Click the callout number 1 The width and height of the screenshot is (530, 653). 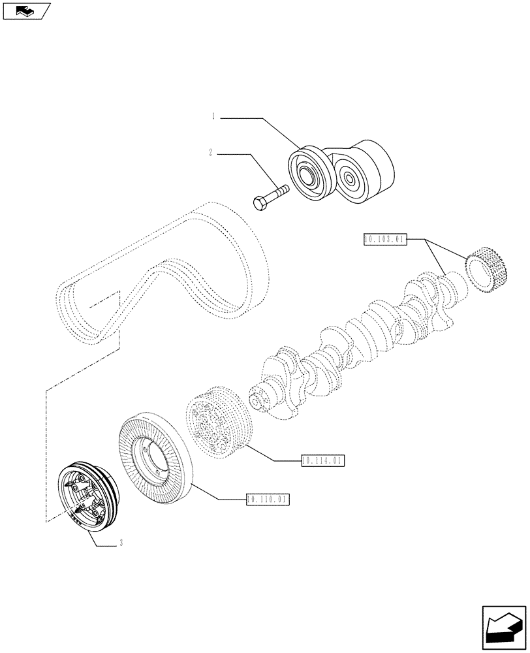pos(213,117)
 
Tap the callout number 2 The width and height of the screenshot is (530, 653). pos(210,153)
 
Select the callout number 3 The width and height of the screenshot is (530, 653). pos(121,543)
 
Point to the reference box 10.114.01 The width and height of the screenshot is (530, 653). pos(322,461)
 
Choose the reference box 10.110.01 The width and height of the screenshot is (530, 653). pos(268,500)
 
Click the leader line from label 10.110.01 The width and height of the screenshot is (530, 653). pos(215,493)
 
